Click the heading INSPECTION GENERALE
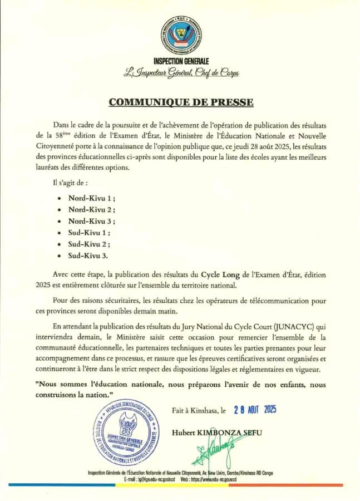180,61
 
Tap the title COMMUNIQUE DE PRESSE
181,102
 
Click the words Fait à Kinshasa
195,411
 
